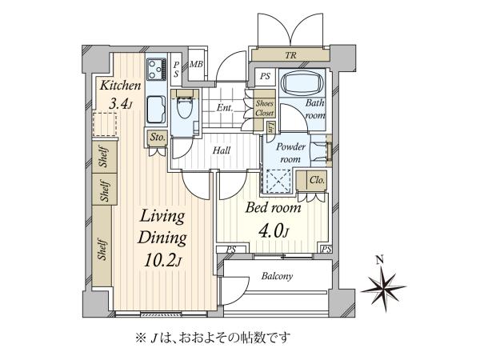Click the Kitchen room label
pyautogui.click(x=120, y=86)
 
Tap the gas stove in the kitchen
pyautogui.click(x=157, y=69)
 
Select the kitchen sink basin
pyautogui.click(x=157, y=109)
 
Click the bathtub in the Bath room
pyautogui.click(x=302, y=82)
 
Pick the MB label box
pyautogui.click(x=196, y=64)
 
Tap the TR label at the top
pyautogui.click(x=290, y=55)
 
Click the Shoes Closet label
pyautogui.click(x=265, y=108)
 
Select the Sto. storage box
pyautogui.click(x=158, y=138)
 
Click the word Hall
pyautogui.click(x=222, y=150)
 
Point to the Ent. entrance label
pyautogui.click(x=225, y=108)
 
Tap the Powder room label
pyautogui.click(x=290, y=153)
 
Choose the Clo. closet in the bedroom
pyautogui.click(x=317, y=180)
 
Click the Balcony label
pyautogui.click(x=277, y=276)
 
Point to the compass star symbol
pyautogui.click(x=383, y=288)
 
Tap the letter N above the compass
pyautogui.click(x=380, y=260)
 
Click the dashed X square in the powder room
pyautogui.click(x=278, y=181)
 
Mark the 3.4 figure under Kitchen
pyautogui.click(x=118, y=104)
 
